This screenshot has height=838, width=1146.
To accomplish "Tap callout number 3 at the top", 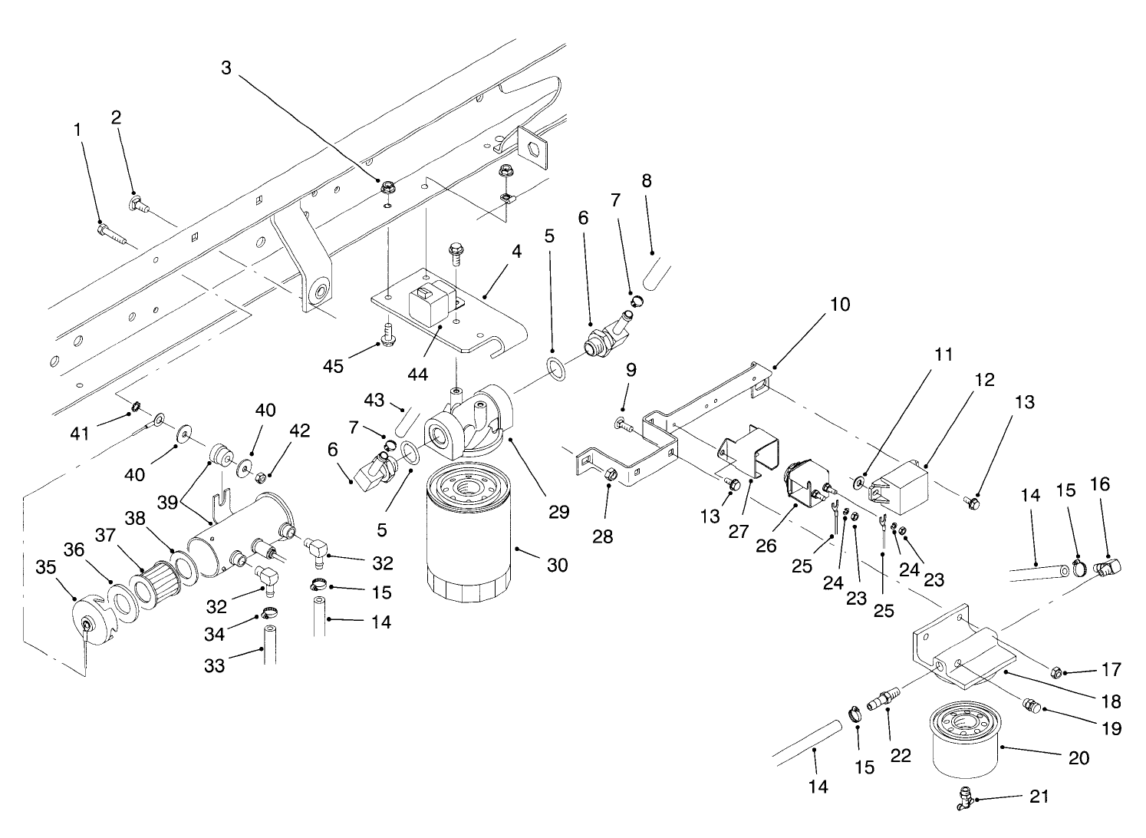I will click(x=226, y=68).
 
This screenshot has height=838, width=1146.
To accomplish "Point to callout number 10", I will click(x=840, y=305).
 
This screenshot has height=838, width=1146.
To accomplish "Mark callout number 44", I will click(x=417, y=374).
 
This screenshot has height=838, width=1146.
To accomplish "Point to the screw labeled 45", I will click(x=387, y=335).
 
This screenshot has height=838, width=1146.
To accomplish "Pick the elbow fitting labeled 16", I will click(x=1108, y=569).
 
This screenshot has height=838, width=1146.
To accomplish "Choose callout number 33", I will click(x=215, y=665).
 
